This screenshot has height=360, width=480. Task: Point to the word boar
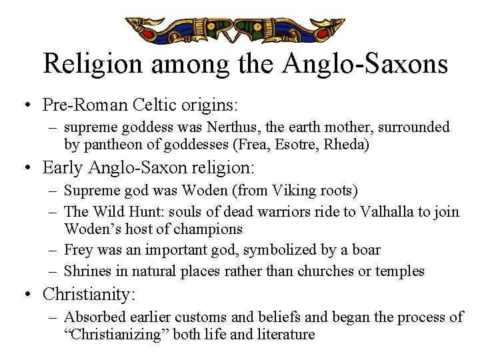pos(364,250)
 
